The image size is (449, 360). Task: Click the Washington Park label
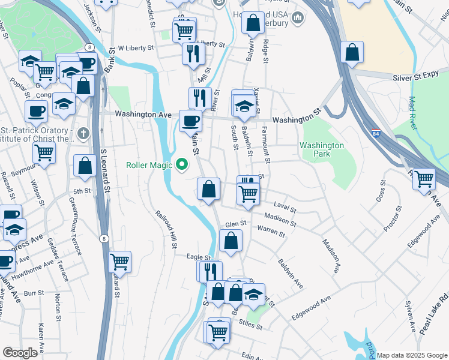point(322,149)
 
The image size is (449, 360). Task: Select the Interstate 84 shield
point(375,133)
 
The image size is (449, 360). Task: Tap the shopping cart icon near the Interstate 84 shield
point(424,179)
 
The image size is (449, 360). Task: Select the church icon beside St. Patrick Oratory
point(83,133)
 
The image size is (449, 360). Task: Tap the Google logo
point(20,353)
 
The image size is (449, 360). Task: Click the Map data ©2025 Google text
point(411,355)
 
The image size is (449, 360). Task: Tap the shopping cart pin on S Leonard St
point(119,262)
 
